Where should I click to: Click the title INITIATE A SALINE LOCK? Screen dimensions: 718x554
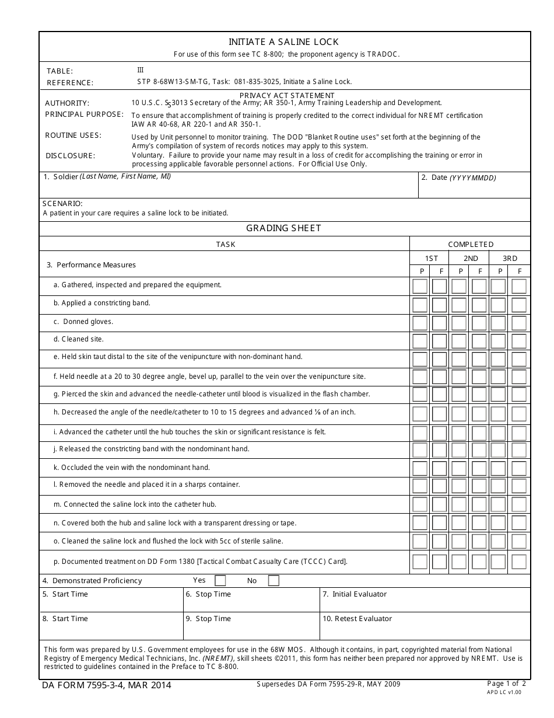(283, 42)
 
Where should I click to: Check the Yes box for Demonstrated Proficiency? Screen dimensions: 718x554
(220, 580)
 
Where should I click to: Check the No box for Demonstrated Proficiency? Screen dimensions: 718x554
(274, 580)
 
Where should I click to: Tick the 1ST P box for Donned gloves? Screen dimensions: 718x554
(420, 323)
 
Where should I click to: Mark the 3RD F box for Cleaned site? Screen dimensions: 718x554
(519, 341)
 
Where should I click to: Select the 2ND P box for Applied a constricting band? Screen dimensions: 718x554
(459, 305)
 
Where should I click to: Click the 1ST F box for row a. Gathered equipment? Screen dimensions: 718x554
(439, 286)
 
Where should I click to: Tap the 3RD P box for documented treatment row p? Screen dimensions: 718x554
(498, 562)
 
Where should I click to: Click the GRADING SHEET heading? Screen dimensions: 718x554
(283, 228)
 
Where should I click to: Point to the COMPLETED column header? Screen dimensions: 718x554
(471, 244)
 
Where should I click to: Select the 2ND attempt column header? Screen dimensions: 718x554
(471, 258)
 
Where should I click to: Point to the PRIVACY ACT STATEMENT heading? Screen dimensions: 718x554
(287, 95)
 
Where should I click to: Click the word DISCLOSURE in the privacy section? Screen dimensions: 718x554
(70, 156)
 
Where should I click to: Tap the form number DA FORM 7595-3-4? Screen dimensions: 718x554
(106, 685)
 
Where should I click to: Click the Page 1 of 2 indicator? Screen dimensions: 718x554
(506, 684)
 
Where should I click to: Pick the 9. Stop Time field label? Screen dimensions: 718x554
(208, 619)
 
